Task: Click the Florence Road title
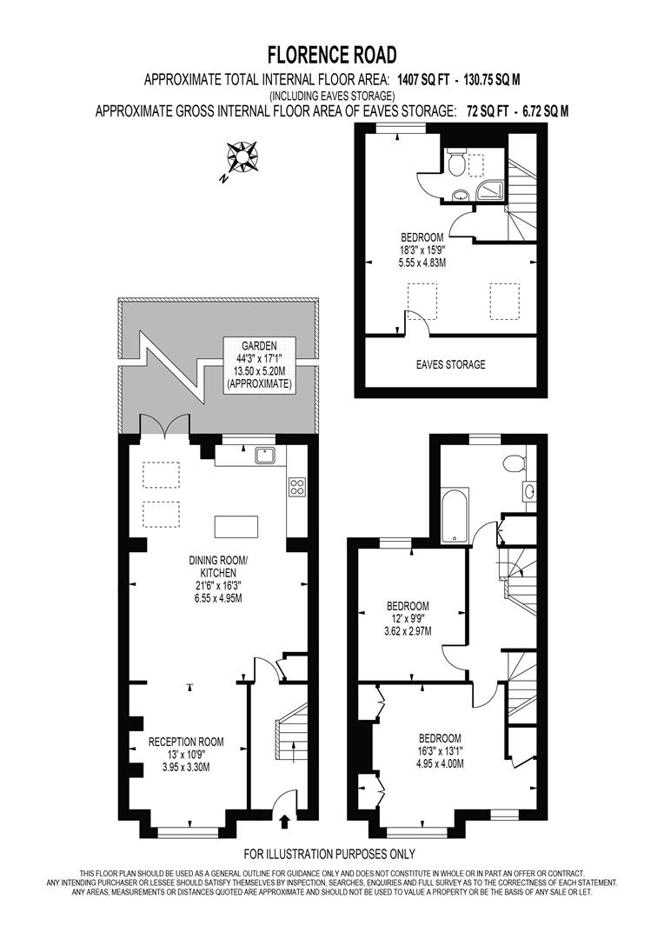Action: point(331,56)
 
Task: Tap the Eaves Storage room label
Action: point(449,364)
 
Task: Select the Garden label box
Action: point(259,363)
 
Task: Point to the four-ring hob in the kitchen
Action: point(296,487)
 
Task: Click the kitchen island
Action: point(236,527)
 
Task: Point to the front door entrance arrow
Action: point(286,820)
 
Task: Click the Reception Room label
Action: point(186,742)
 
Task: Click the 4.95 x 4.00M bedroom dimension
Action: point(438,763)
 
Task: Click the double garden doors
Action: point(165,425)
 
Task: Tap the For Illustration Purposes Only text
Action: point(329,854)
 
